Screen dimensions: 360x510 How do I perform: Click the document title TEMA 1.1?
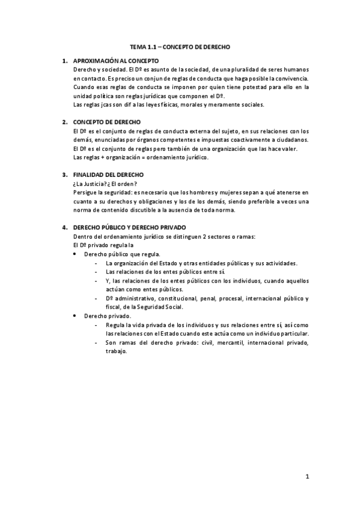[x=180, y=46]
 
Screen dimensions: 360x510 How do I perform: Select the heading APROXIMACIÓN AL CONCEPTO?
[x=115, y=61]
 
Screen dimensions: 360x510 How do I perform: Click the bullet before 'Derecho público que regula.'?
[x=74, y=254]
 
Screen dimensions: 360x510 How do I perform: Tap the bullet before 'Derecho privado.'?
[x=74, y=315]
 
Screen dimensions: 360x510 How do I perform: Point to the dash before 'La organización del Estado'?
[x=97, y=263]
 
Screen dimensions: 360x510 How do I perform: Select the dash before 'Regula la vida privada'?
[x=97, y=324]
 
